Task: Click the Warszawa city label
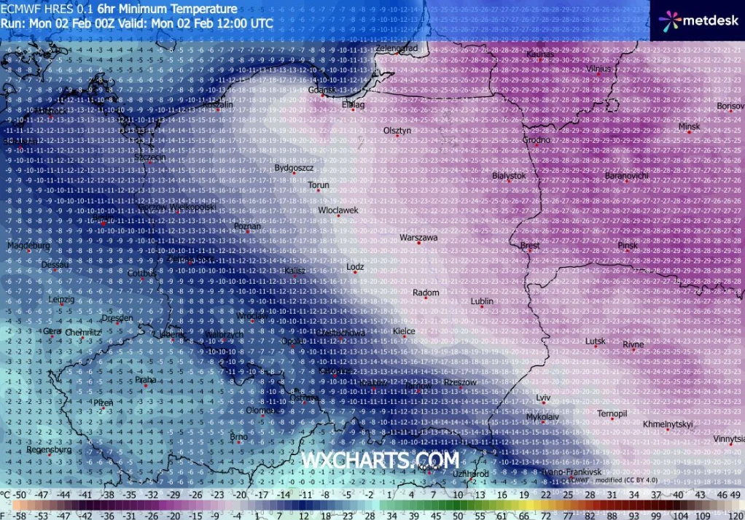[418, 237]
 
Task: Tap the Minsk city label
[689, 126]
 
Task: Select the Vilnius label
[598, 69]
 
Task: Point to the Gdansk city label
[322, 90]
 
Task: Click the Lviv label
[543, 397]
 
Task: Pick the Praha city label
[146, 379]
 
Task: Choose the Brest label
[530, 246]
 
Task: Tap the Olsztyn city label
[397, 130]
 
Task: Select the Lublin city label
[482, 300]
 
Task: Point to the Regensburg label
[49, 450]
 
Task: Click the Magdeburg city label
[28, 246]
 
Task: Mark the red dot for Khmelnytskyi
[667, 430]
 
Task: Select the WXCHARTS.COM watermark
[381, 461]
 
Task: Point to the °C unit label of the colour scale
[6, 495]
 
